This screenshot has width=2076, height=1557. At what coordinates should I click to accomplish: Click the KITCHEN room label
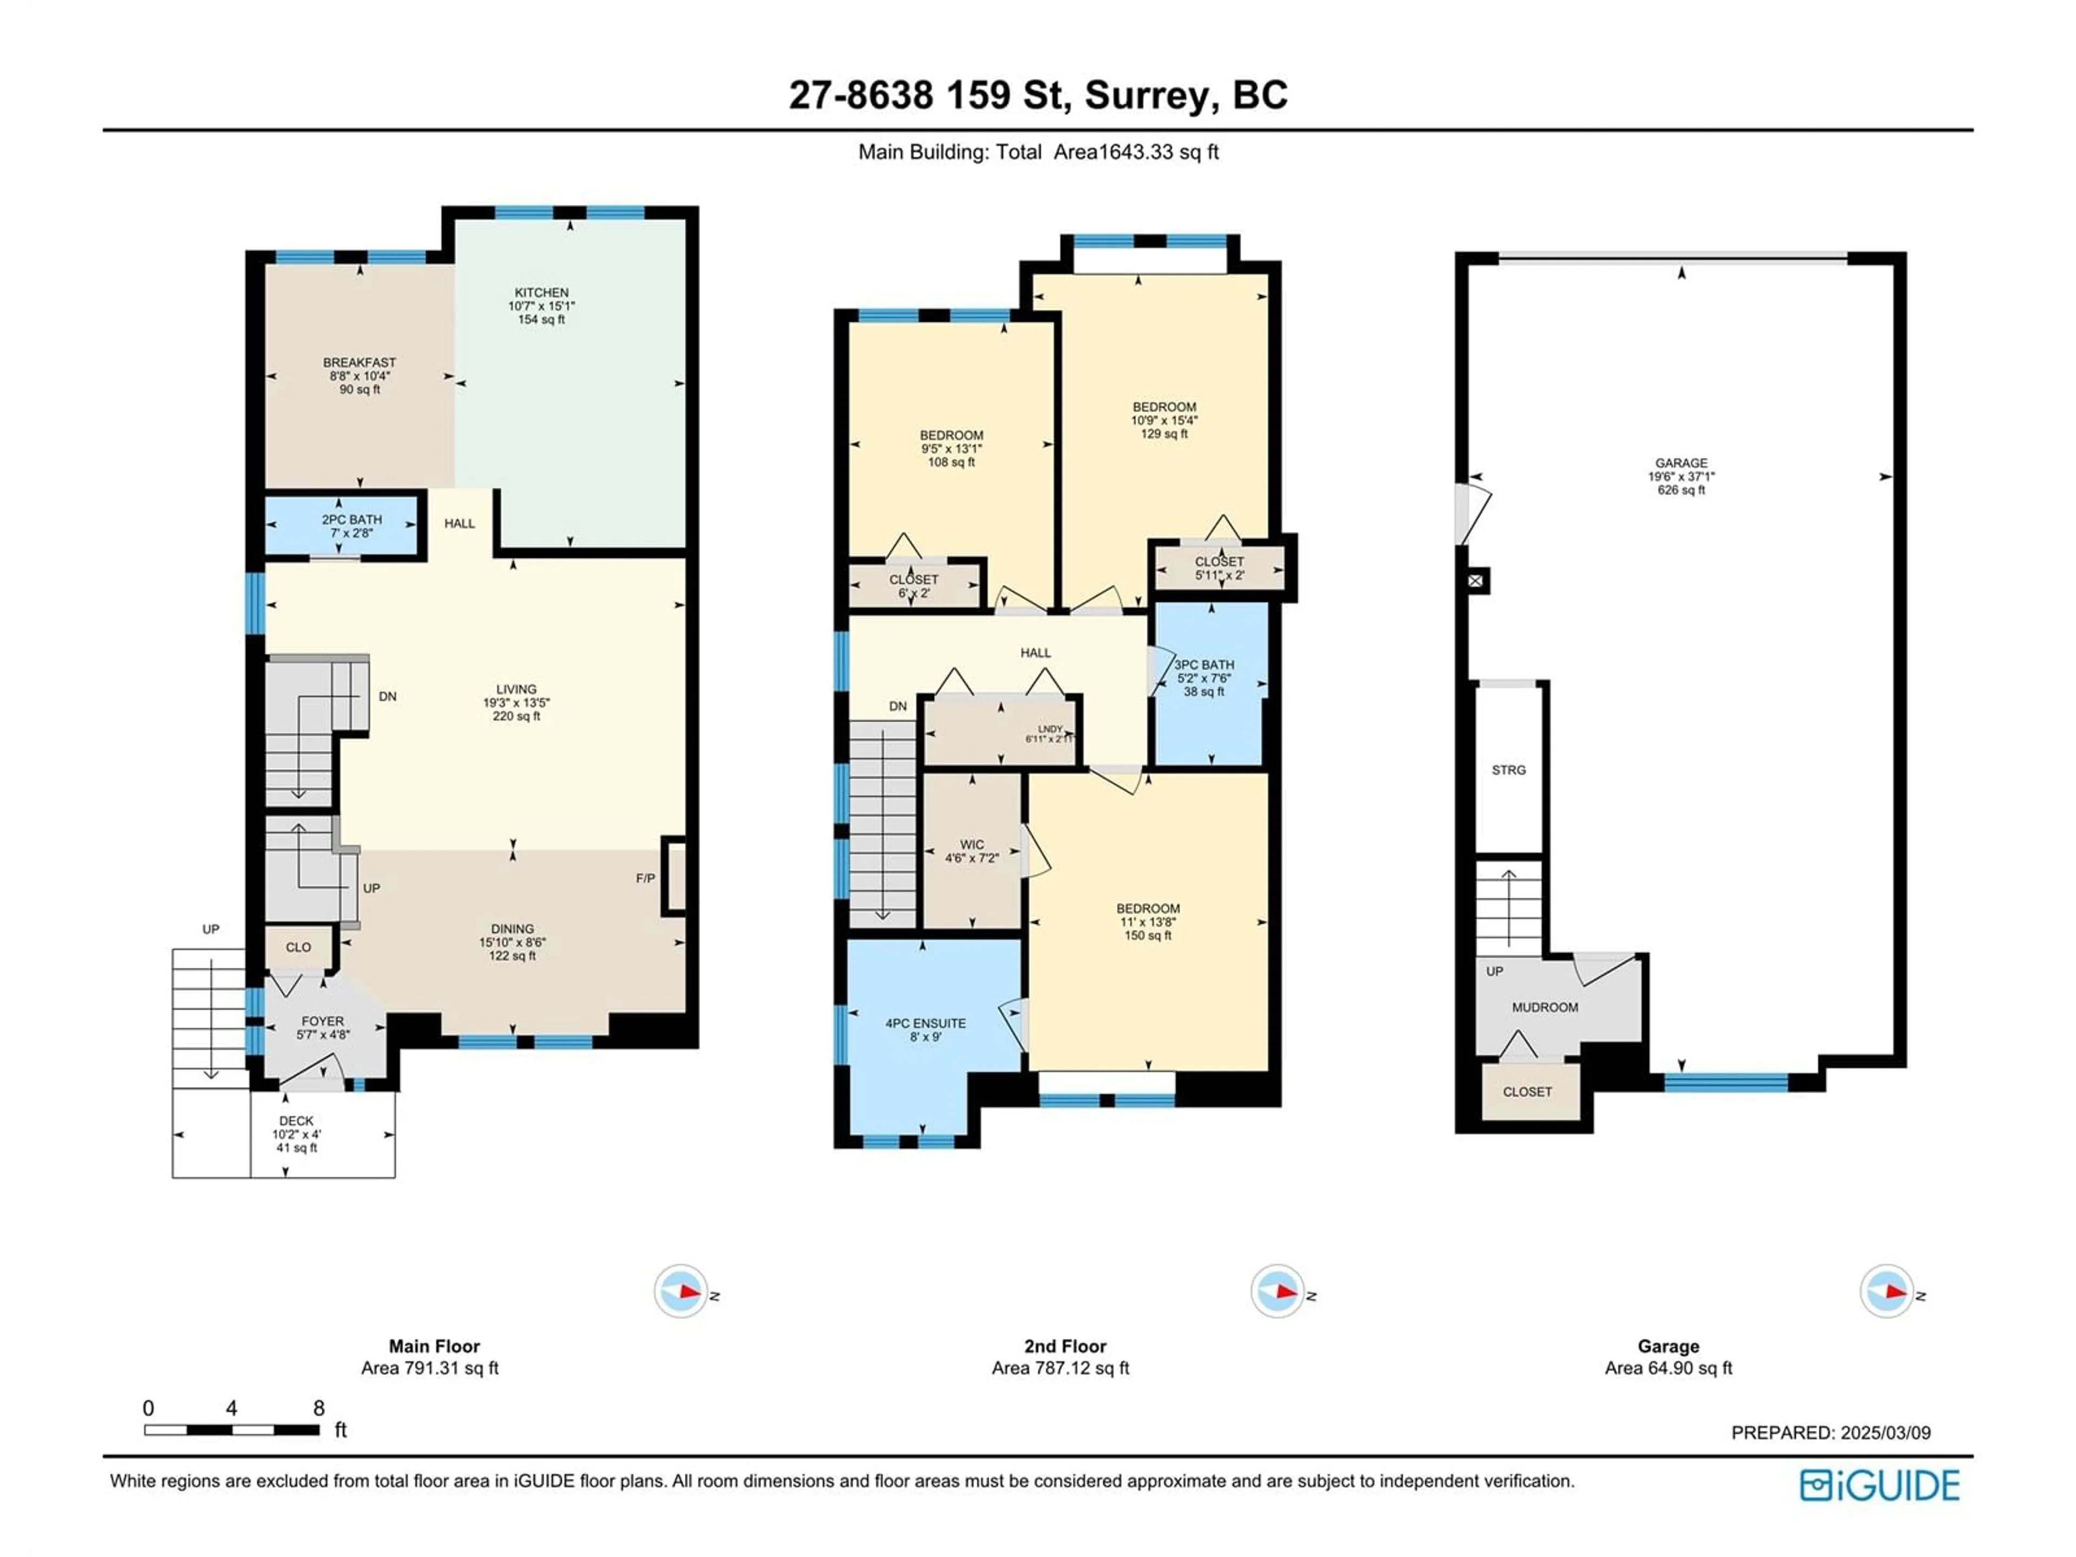tap(542, 293)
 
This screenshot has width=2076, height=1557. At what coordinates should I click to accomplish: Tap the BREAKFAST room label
tap(360, 362)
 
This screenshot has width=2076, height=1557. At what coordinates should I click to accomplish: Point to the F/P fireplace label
tap(646, 879)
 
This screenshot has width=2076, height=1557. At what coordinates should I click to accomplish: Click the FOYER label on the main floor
tap(323, 1021)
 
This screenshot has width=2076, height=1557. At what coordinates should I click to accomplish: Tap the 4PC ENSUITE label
tap(926, 1024)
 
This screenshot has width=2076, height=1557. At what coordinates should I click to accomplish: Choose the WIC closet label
tap(972, 844)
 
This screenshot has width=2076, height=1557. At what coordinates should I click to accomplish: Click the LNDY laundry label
tap(1050, 729)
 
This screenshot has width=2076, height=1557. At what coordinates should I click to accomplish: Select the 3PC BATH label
tap(1204, 664)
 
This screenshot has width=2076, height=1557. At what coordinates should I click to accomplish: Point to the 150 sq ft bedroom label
tap(1148, 936)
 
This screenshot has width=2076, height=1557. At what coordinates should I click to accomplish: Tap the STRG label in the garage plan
tap(1508, 770)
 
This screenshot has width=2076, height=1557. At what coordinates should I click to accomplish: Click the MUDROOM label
tap(1545, 1007)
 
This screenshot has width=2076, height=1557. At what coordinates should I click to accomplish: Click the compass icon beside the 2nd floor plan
tap(1277, 1292)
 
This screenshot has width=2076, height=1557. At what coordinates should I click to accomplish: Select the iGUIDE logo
tap(1880, 1486)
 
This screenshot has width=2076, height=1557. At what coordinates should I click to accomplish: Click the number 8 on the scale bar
tap(319, 1408)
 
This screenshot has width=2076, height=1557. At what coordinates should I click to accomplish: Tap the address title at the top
tap(1038, 95)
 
